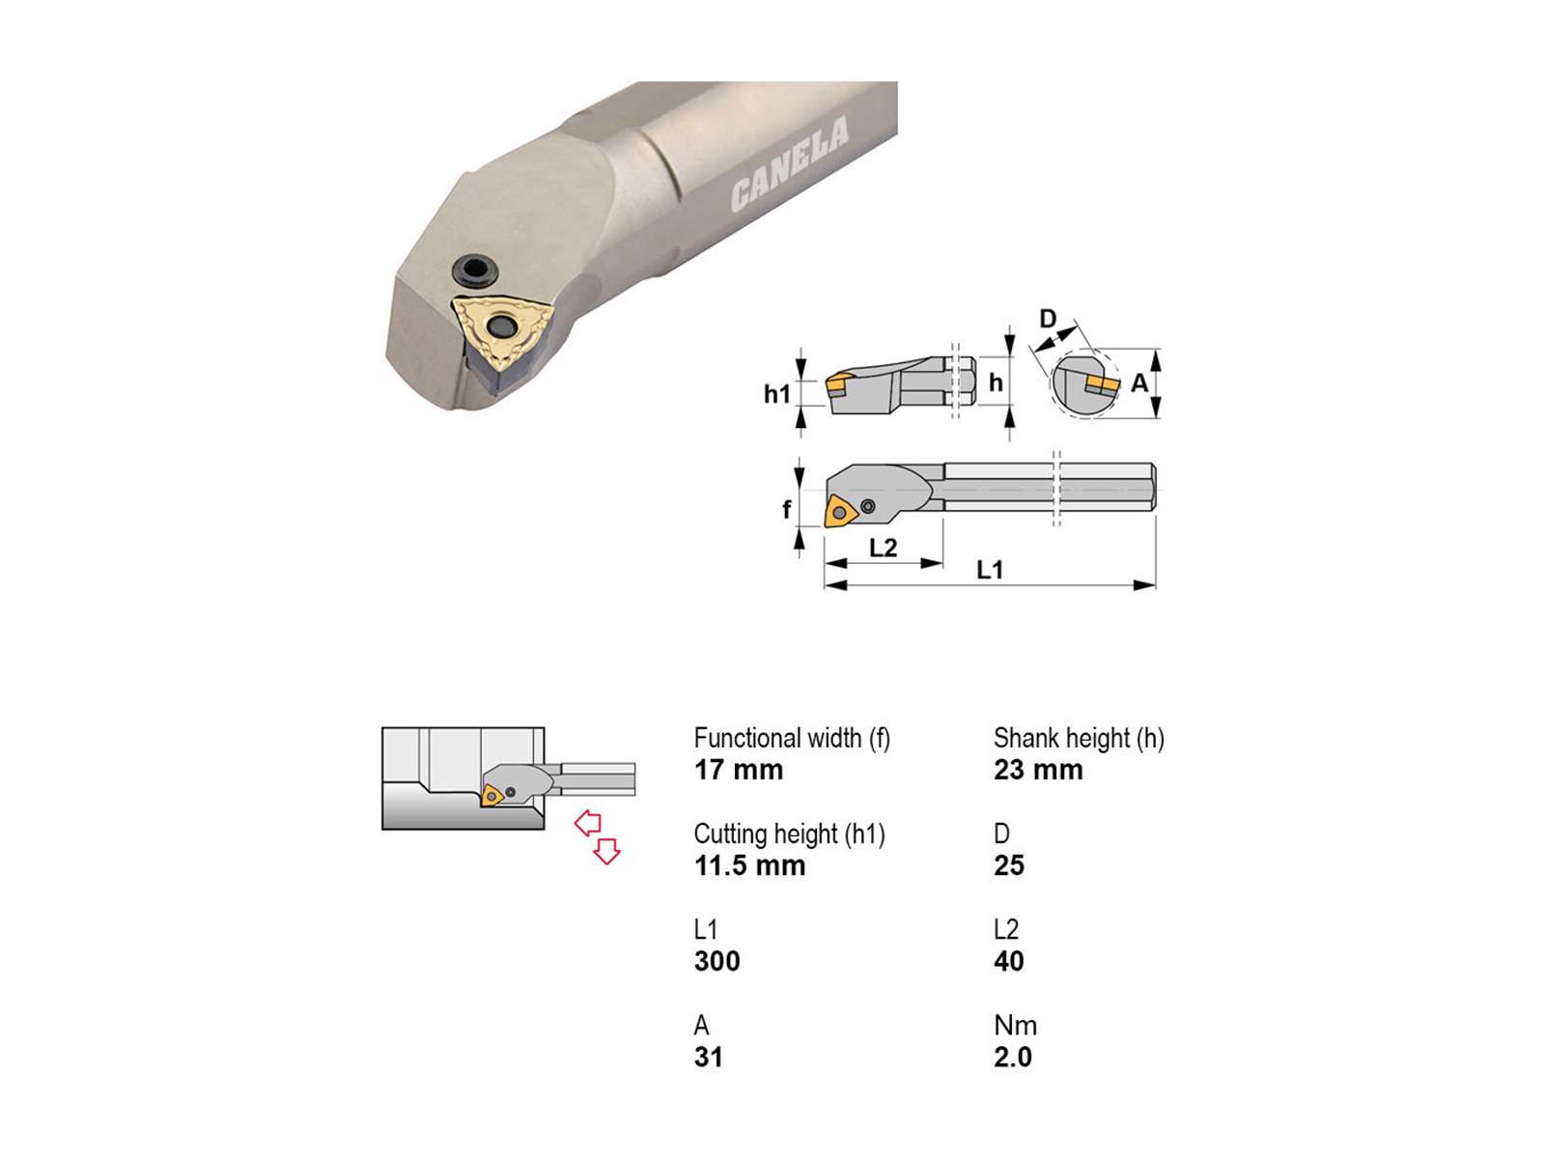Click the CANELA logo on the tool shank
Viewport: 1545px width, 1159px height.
[790, 164]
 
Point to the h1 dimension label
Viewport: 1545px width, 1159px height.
[776, 394]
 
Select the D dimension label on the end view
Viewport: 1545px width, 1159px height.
[1048, 319]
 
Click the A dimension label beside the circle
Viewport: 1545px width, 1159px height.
[1138, 383]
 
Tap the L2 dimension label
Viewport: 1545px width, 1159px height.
[883, 548]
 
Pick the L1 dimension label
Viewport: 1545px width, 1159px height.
[989, 569]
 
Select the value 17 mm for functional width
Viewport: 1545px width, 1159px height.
[739, 770]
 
